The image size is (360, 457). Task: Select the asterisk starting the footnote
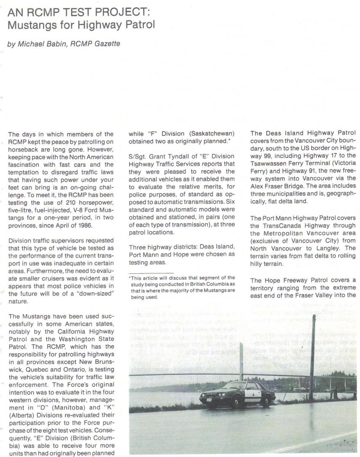pyautogui.click(x=130, y=278)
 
